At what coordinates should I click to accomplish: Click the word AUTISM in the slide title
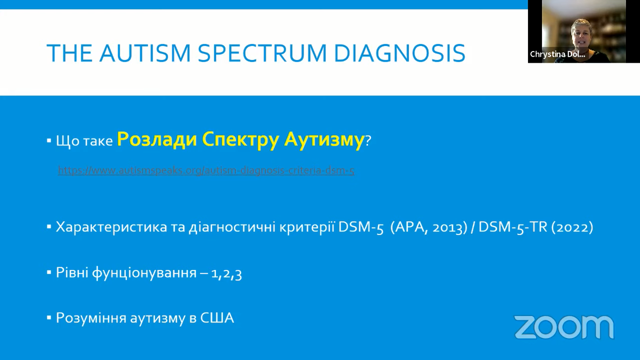pos(145,53)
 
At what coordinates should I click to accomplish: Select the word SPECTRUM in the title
pos(262,53)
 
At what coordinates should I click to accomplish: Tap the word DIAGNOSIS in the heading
pos(400,53)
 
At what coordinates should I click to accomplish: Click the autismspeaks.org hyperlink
pos(206,171)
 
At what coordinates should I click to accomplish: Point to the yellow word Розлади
pos(157,140)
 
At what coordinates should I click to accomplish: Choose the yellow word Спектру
pos(240,140)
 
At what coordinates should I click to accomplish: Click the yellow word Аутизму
pos(324,140)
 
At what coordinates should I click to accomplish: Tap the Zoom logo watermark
pos(564,327)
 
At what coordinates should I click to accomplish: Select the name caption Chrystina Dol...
pos(558,54)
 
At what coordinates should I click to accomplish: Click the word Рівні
pos(72,272)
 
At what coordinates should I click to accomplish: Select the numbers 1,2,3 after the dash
pos(227,274)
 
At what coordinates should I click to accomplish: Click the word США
pos(217,318)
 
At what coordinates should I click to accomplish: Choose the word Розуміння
pos(91,318)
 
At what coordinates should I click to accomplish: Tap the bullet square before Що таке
pos(49,141)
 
